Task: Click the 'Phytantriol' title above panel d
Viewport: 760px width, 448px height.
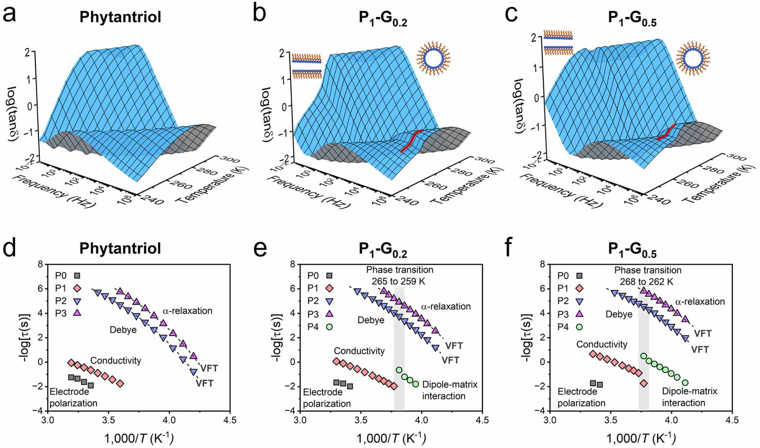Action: (120, 248)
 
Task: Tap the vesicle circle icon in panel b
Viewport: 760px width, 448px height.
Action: (434, 59)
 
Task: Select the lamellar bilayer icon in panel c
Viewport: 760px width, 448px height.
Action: (557, 43)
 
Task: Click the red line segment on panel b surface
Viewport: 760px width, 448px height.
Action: (411, 141)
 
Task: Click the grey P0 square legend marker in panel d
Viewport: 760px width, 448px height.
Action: (77, 276)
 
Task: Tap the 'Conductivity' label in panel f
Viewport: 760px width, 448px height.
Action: (601, 345)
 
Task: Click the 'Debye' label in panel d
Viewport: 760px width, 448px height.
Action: (123, 330)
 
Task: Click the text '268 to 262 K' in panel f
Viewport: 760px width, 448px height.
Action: (647, 282)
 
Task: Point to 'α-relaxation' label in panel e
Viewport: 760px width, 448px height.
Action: (446, 306)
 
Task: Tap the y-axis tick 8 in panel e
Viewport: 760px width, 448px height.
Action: (292, 264)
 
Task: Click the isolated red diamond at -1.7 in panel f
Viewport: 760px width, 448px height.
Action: (643, 383)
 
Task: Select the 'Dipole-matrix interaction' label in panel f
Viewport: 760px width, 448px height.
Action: (689, 397)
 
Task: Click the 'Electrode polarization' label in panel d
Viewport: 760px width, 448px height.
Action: (73, 397)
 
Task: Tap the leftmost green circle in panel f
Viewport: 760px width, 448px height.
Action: (643, 356)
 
